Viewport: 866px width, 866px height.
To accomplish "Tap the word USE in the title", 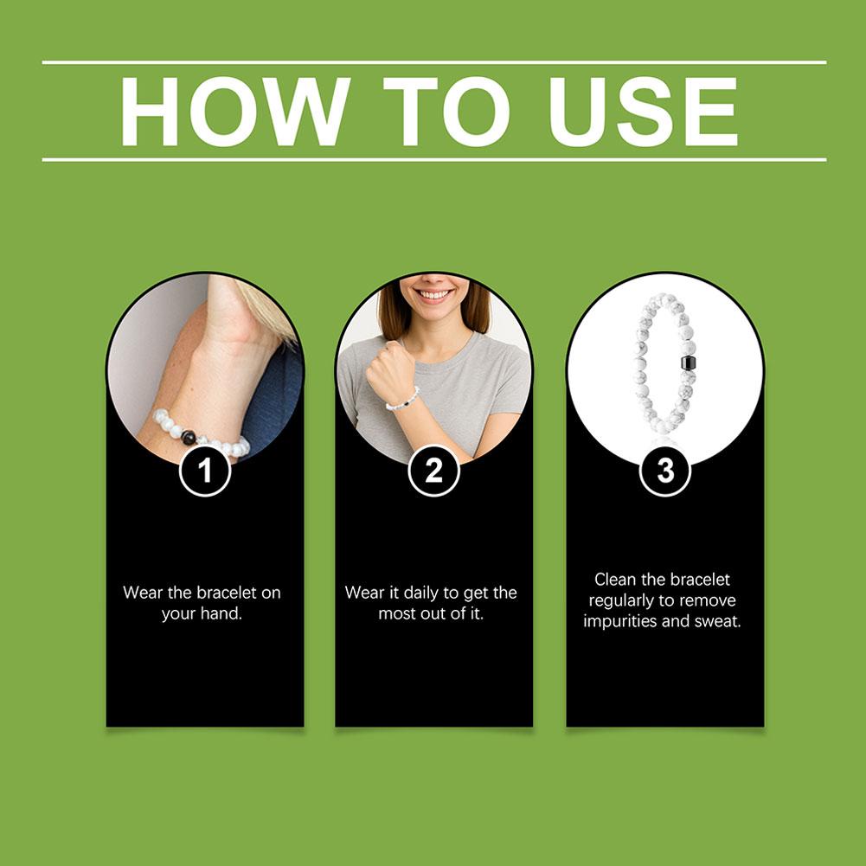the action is click(x=643, y=112).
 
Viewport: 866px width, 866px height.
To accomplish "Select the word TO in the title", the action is click(x=446, y=112).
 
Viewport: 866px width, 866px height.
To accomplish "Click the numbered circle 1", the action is click(x=205, y=471).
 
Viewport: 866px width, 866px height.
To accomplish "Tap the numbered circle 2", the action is click(x=434, y=471).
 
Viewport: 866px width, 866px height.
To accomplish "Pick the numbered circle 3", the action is click(x=665, y=471).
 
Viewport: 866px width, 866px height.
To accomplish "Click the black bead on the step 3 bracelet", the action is click(x=688, y=362).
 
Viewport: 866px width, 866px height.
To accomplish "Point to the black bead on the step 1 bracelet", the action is click(x=189, y=437).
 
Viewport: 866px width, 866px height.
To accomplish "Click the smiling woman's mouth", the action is click(x=433, y=294).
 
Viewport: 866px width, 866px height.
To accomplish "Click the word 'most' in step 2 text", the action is click(x=396, y=613).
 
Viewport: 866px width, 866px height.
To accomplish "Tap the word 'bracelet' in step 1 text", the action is click(x=227, y=593).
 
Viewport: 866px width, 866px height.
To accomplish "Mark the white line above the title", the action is click(x=434, y=62).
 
